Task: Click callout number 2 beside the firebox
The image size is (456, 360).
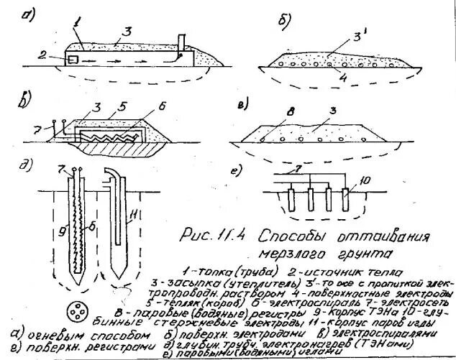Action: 44,55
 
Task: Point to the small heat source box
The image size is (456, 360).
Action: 73,59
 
